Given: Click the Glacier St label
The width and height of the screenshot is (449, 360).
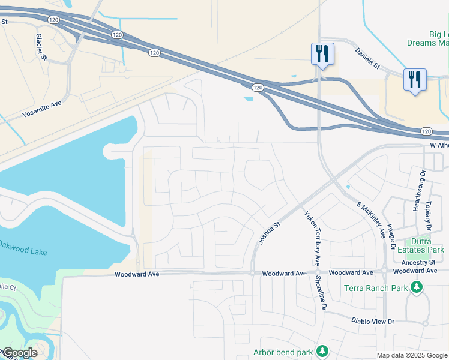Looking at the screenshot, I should click(x=41, y=46).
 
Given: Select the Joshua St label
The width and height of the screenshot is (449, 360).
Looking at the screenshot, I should click(x=269, y=234).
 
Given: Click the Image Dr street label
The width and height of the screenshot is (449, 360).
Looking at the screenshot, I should click(x=391, y=238).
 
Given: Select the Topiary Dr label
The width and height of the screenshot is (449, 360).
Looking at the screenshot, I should click(x=429, y=217).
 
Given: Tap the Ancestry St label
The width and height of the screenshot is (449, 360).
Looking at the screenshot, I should click(x=418, y=262).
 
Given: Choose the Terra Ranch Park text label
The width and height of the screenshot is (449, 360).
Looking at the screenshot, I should click(x=376, y=288).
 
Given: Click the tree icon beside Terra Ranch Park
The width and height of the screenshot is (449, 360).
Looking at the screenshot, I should click(x=416, y=288).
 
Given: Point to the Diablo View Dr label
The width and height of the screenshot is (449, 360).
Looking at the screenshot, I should click(x=373, y=322).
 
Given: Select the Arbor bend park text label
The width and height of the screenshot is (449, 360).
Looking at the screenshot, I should click(x=283, y=352).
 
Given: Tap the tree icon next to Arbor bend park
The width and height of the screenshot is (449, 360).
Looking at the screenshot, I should click(x=322, y=350).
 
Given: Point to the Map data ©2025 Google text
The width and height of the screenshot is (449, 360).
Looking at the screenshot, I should click(x=412, y=355).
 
